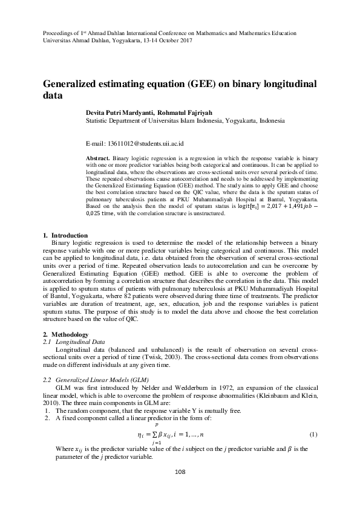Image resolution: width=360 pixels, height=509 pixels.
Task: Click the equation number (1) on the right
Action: (313, 435)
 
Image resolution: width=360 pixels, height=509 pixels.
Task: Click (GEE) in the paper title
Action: (198, 83)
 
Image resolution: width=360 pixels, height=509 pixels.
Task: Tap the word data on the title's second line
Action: (53, 96)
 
